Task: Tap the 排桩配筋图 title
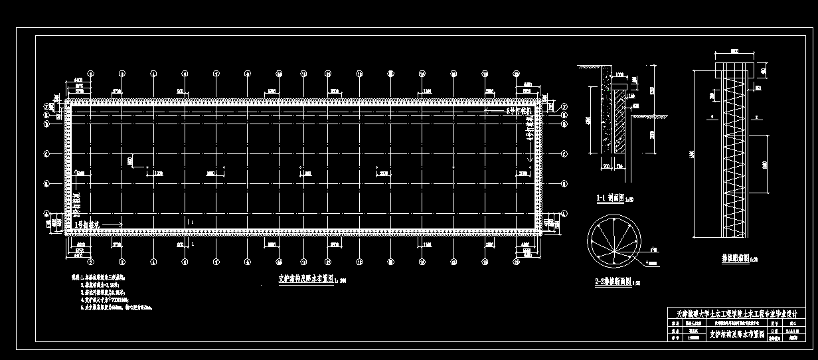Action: click(x=738, y=256)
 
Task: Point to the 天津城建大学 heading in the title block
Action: click(x=738, y=313)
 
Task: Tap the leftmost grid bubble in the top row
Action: click(x=91, y=74)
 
